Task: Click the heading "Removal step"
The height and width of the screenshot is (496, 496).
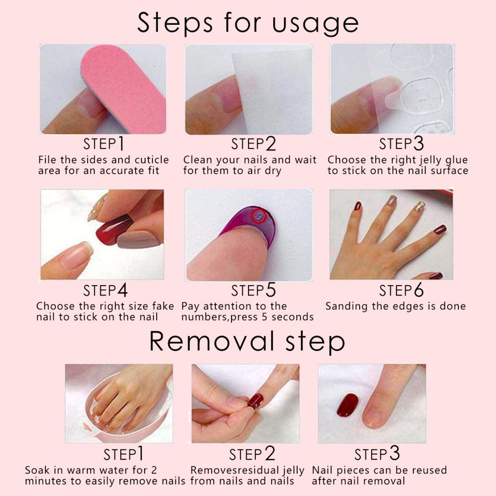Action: (247, 341)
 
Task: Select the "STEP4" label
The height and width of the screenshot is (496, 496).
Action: (105, 291)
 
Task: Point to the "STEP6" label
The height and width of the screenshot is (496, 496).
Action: (401, 291)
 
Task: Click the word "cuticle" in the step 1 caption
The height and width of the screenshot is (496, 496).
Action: (151, 160)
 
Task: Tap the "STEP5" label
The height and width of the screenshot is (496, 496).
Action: (253, 291)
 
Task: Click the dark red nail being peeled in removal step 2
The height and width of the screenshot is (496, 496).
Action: (255, 400)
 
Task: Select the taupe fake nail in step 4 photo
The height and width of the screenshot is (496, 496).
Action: (138, 239)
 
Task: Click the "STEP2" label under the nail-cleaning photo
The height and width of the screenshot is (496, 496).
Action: (253, 144)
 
